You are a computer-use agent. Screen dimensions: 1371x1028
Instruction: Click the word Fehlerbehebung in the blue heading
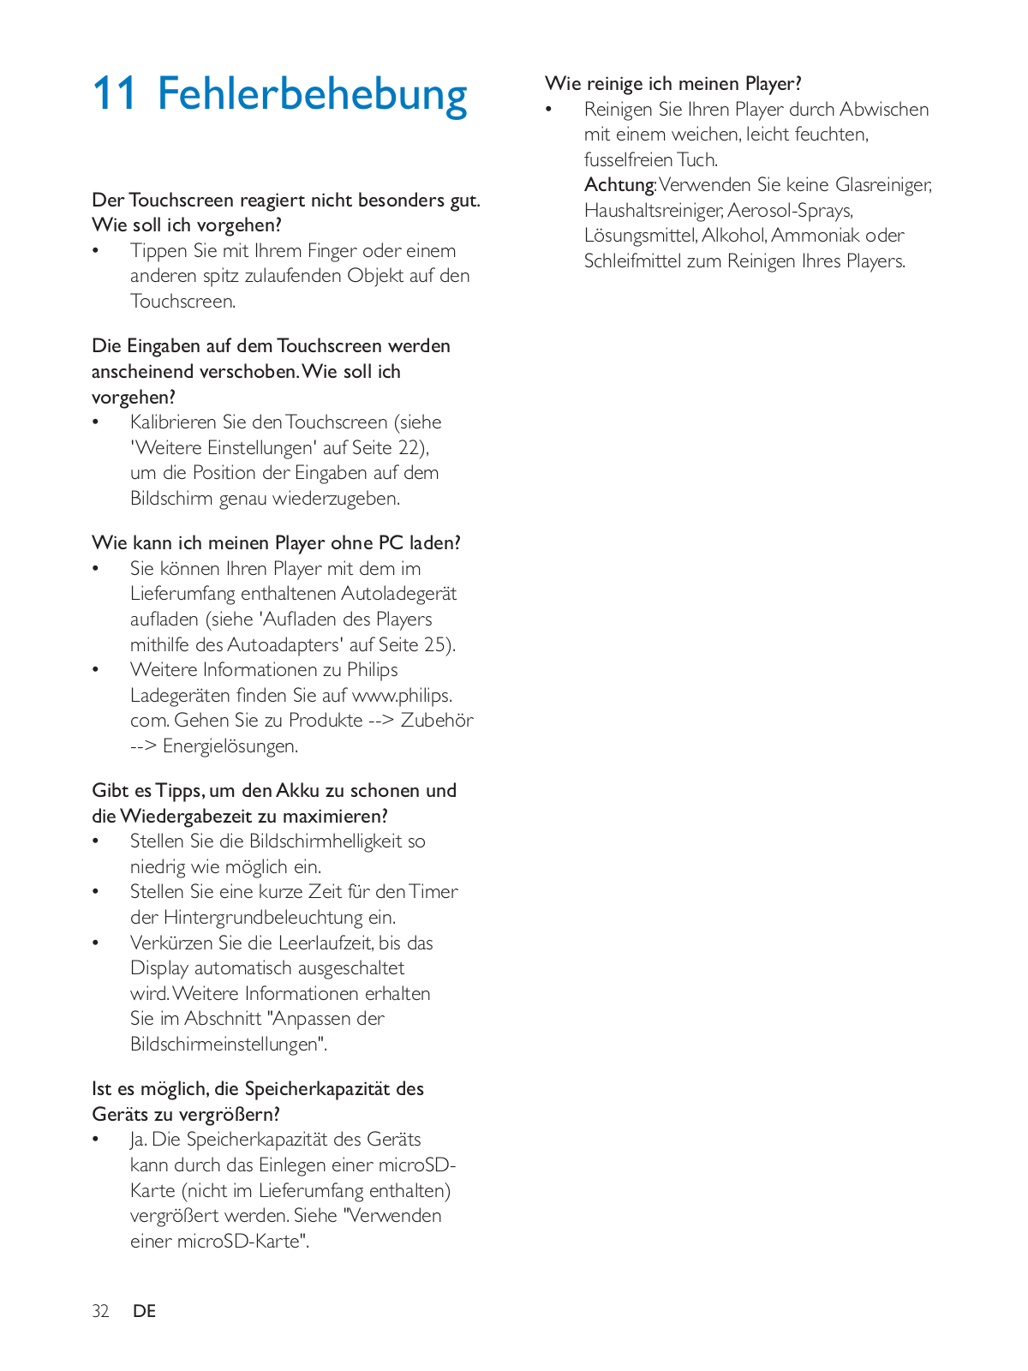click(312, 93)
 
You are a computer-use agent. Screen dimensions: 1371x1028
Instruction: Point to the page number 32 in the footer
click(100, 1311)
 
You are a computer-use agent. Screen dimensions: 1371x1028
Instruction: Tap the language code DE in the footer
click(144, 1311)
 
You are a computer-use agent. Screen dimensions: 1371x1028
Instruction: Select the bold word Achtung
click(619, 185)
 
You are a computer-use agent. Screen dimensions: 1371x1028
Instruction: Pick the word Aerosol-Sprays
click(790, 211)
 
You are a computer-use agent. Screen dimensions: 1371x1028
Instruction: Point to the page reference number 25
click(434, 644)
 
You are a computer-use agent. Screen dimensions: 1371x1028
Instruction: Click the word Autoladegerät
click(398, 594)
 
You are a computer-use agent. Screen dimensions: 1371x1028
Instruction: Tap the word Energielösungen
click(230, 746)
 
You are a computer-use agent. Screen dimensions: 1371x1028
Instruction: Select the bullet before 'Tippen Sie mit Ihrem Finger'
click(97, 251)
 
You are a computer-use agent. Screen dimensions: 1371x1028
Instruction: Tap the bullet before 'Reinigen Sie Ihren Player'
click(550, 110)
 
